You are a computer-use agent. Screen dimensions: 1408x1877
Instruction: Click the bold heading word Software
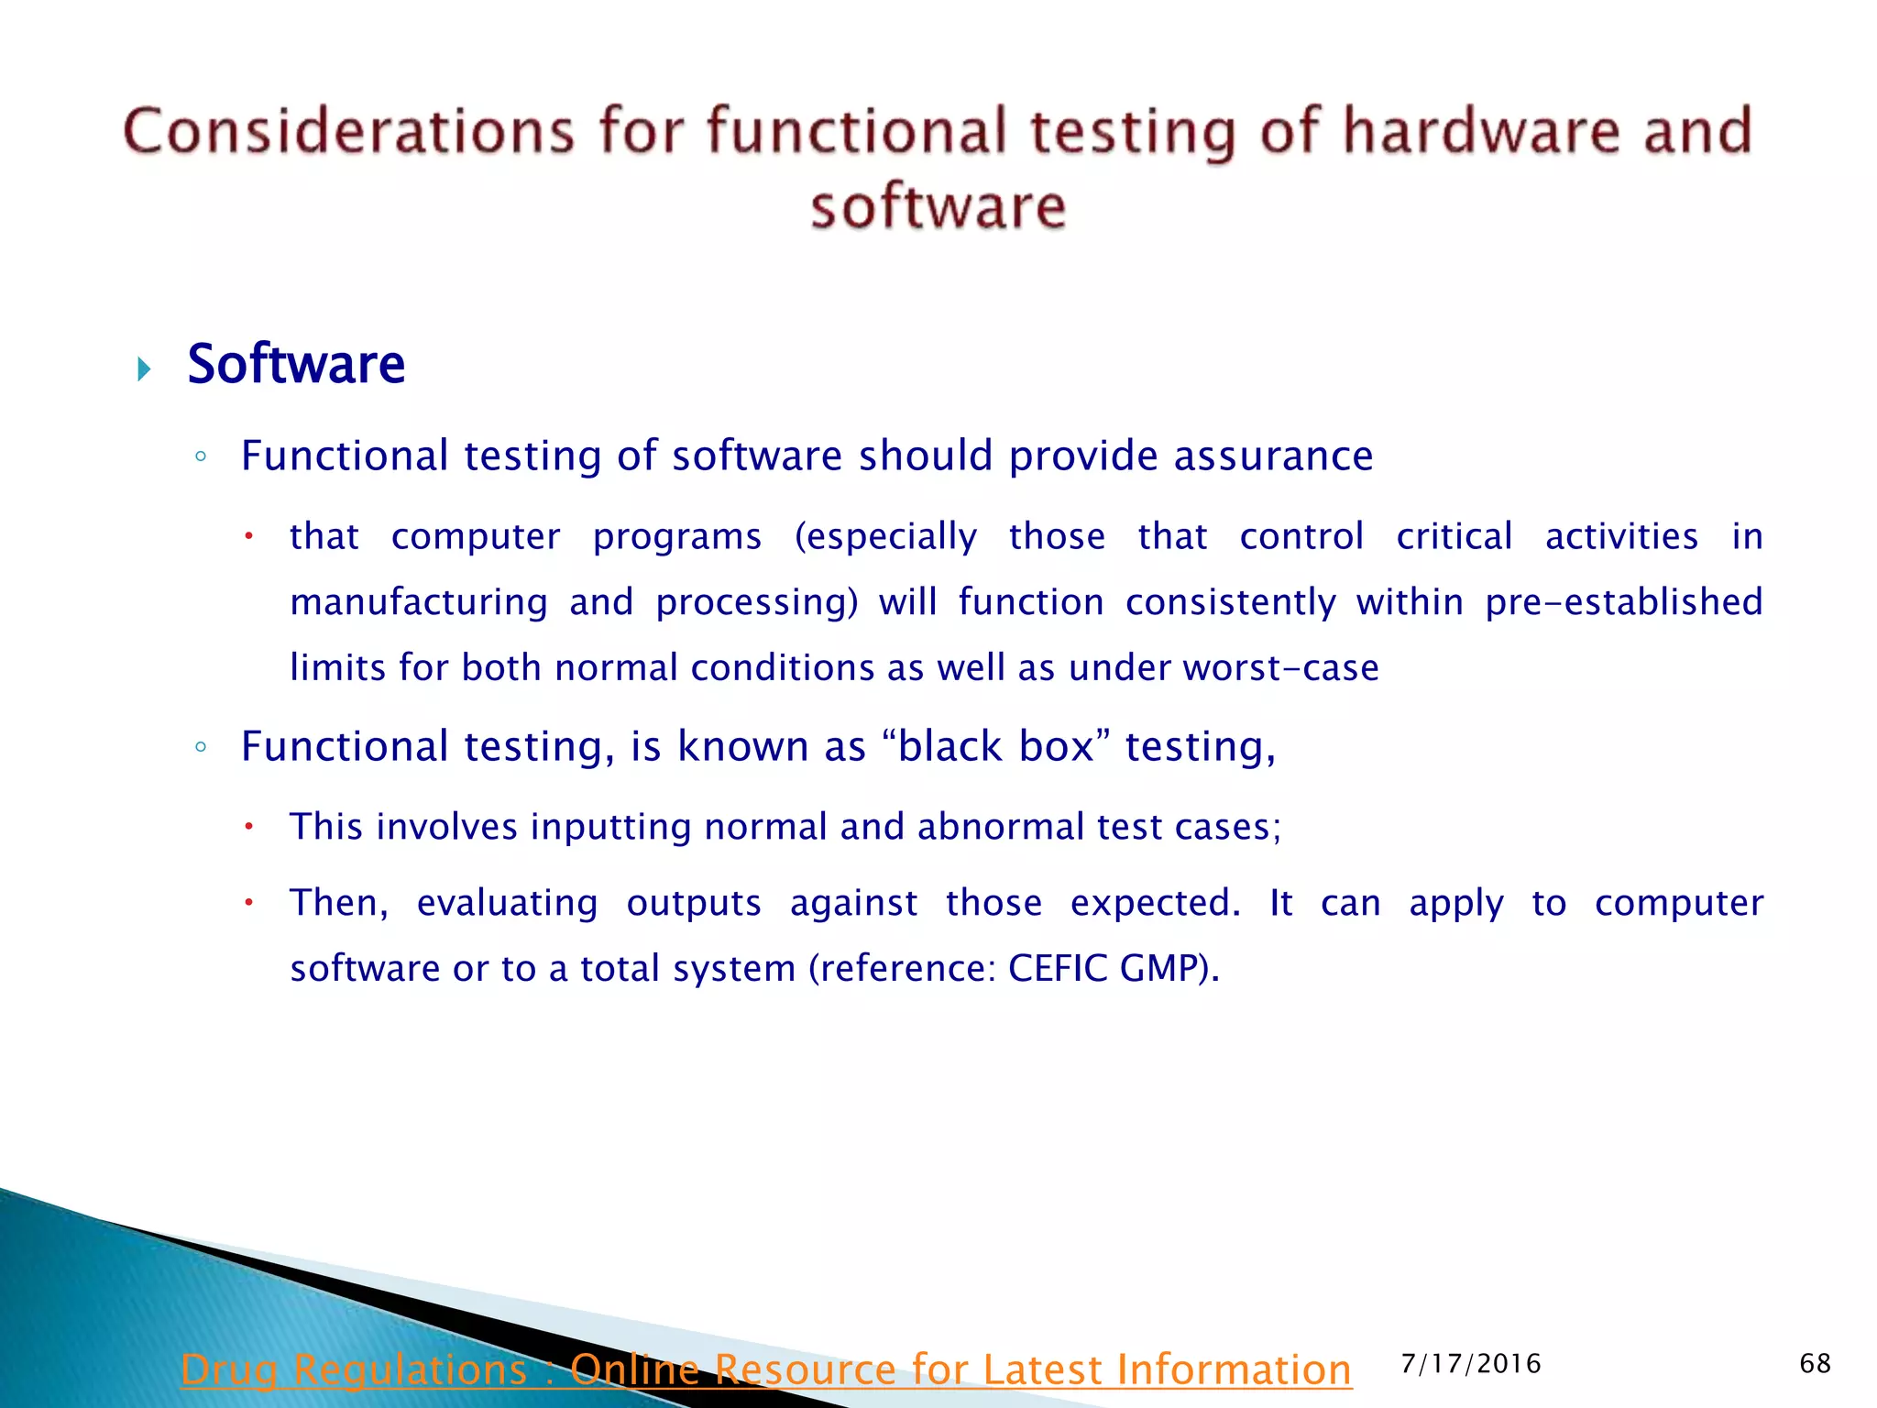(296, 365)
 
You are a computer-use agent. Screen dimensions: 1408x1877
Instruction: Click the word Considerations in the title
(348, 131)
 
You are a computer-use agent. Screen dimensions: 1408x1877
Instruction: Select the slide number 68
(1815, 1363)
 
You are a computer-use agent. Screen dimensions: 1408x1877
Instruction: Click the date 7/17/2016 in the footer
(1471, 1364)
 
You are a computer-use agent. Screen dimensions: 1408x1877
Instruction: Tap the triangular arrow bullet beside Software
(144, 369)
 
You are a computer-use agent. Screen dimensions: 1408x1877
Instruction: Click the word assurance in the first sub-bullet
(1273, 456)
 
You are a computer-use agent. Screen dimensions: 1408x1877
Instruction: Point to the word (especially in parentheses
(885, 537)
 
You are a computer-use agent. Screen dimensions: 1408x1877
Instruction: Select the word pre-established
(1623, 602)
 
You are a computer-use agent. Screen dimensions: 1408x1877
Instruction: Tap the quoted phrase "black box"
(996, 746)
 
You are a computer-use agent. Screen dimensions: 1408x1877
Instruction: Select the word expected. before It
(1155, 903)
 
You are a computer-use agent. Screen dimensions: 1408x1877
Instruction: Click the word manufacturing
(419, 602)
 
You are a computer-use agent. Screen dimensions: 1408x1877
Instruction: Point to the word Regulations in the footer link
(410, 1369)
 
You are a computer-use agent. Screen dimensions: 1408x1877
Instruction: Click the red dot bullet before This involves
(247, 827)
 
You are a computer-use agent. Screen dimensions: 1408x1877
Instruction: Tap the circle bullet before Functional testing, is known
(201, 747)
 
